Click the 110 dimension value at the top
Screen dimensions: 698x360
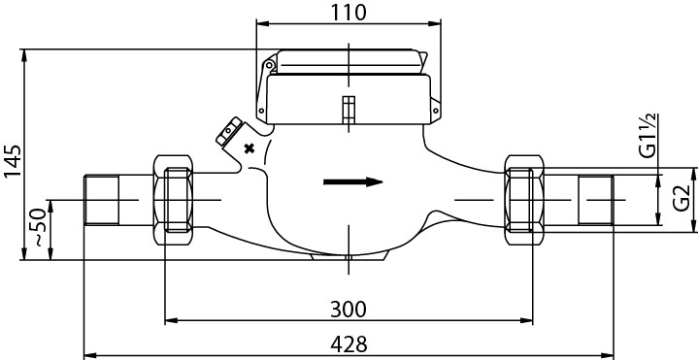coord(349,13)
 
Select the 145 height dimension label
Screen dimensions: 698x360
coord(13,161)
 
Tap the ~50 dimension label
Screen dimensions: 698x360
coord(39,227)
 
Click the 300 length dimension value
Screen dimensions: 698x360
coord(349,310)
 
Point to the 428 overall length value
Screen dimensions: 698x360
coord(349,344)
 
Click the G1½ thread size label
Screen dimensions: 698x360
coord(648,136)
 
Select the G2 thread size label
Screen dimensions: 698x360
coord(681,198)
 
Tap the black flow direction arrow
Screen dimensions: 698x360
coord(353,182)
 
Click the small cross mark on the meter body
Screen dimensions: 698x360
coord(249,148)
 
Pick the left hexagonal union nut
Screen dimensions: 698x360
coord(173,200)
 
